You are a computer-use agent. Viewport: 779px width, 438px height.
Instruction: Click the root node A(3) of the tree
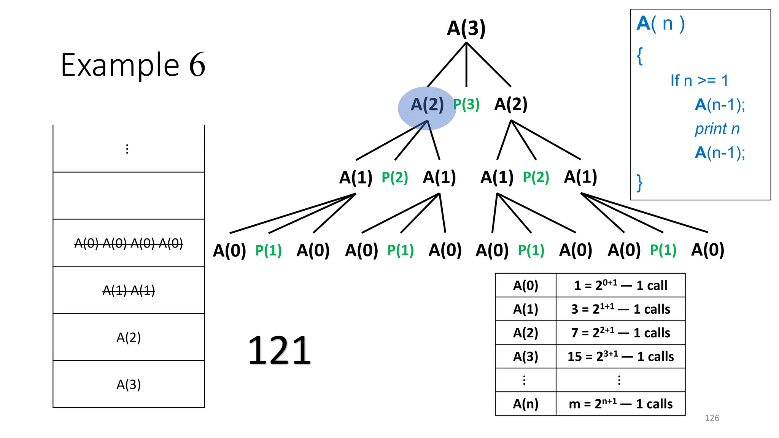coord(466,28)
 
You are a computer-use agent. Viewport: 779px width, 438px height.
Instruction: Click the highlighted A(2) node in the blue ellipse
coord(427,105)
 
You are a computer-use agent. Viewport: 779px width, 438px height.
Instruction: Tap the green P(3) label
coord(466,104)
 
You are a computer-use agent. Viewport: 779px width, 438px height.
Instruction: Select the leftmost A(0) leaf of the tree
coord(229,250)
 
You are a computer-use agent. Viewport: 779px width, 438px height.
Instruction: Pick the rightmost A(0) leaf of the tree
coord(707,250)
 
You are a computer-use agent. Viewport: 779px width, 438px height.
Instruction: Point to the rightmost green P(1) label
coord(663,250)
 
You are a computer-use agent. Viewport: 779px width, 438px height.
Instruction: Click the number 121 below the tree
coord(280,350)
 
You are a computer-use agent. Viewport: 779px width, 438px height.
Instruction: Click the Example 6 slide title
coord(133,65)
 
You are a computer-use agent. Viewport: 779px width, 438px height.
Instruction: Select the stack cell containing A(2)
coord(129,337)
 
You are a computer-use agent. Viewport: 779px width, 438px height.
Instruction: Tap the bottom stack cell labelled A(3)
coord(129,384)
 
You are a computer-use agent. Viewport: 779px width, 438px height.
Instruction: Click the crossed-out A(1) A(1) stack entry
coord(129,290)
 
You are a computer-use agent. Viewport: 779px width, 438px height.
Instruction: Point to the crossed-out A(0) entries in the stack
coord(129,243)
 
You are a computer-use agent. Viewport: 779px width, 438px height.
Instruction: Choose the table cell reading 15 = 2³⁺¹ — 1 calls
coord(620,356)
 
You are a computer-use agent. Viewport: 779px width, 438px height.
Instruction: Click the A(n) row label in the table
coord(526,404)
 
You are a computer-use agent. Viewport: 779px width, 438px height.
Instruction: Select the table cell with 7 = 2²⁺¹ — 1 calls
coord(620,333)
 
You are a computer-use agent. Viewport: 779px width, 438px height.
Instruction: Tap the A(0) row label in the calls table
coord(526,285)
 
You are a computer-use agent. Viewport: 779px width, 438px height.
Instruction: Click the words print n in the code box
coord(717,129)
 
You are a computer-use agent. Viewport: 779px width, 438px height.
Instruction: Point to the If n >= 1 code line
coord(699,81)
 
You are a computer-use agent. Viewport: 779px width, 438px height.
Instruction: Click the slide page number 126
coord(712,418)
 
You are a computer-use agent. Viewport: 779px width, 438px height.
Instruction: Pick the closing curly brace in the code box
coord(640,183)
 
